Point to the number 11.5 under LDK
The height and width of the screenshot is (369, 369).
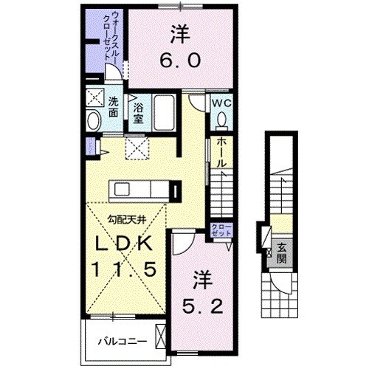tap(123, 271)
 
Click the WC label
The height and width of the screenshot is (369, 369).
tap(222, 103)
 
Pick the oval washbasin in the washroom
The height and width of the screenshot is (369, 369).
tap(93, 120)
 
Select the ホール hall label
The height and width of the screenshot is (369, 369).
tap(221, 153)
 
